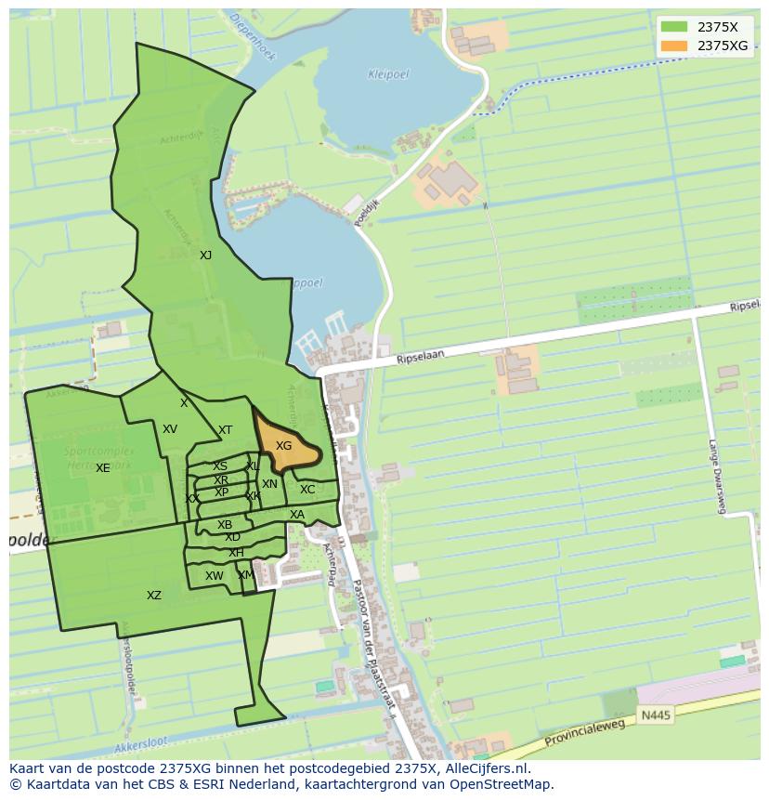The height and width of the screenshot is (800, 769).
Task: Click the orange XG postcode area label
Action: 284,446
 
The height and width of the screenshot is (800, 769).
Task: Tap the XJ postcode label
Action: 205,255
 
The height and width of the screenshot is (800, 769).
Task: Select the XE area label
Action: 102,468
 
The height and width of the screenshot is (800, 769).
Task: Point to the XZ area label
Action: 154,596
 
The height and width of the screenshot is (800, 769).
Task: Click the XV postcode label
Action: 170,429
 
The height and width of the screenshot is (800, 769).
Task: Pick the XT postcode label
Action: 225,430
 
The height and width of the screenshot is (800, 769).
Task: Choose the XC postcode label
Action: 307,490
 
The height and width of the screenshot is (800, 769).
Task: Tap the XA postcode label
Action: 297,515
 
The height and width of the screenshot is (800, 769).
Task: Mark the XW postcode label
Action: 215,576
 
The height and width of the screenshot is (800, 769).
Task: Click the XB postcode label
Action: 225,525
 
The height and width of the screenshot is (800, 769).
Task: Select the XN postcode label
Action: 269,484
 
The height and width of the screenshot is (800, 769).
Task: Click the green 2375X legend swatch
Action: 674,27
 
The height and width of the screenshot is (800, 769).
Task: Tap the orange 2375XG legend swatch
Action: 674,46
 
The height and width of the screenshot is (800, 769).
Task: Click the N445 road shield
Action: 655,715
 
